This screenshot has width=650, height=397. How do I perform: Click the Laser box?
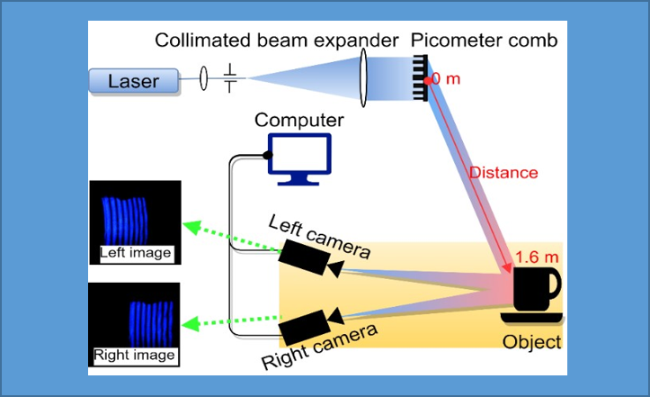click(x=133, y=81)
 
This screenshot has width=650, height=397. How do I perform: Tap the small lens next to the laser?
click(x=203, y=79)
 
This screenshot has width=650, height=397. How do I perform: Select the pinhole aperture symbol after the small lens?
click(x=231, y=78)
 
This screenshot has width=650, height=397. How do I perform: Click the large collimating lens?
click(x=366, y=80)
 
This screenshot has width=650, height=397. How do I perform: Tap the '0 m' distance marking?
click(x=446, y=79)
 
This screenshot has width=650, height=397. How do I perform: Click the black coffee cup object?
click(x=535, y=293)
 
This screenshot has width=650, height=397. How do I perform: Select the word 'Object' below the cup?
click(x=532, y=341)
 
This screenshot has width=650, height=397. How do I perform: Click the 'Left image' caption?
click(x=136, y=253)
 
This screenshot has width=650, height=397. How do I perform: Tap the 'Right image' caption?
click(x=135, y=355)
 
